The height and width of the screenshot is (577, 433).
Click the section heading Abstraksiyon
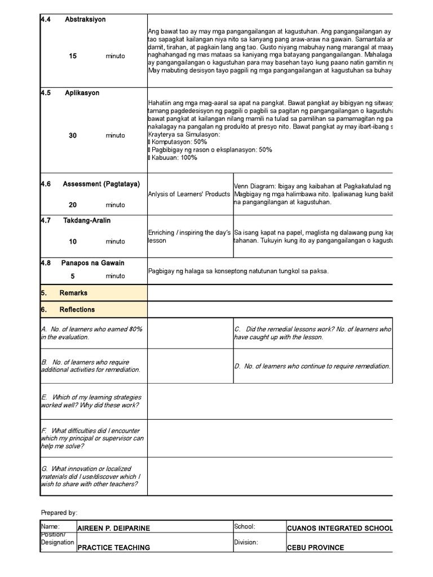tap(85, 19)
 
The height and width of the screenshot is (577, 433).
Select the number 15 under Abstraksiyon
tap(73, 56)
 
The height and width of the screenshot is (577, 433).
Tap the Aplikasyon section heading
tap(82, 93)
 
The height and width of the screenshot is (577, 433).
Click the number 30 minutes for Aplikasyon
tap(73, 136)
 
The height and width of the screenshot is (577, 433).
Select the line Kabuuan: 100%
tap(174, 158)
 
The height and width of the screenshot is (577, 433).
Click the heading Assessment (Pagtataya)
tap(101, 184)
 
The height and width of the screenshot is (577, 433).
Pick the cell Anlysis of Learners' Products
tap(189, 194)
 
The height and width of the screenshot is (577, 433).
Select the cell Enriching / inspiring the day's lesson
tap(189, 236)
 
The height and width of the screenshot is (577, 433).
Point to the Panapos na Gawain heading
tap(92, 263)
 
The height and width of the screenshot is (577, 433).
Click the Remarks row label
tap(73, 293)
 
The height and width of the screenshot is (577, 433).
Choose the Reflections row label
tap(77, 309)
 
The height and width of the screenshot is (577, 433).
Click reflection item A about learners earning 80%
tap(91, 333)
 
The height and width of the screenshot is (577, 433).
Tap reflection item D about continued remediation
tap(312, 366)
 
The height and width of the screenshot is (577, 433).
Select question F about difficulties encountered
tap(92, 438)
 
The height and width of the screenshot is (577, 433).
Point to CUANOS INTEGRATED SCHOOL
tap(339, 528)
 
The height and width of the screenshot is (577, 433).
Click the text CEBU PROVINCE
tap(315, 547)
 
